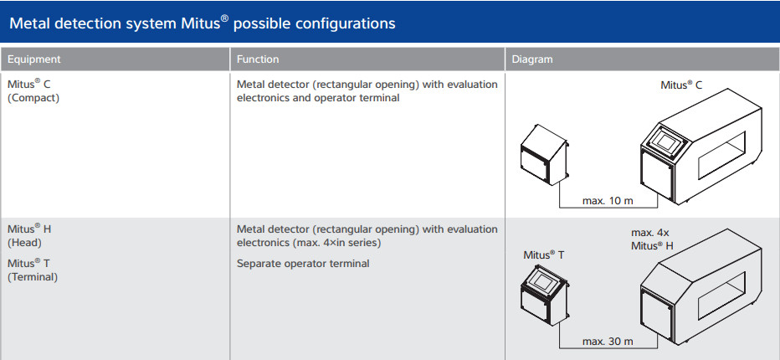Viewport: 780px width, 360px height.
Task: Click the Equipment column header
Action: [x=33, y=59]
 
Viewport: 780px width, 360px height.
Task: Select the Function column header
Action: [x=258, y=59]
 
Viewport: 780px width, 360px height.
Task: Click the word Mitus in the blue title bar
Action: [x=201, y=23]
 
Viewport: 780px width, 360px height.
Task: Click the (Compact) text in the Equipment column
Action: [x=33, y=98]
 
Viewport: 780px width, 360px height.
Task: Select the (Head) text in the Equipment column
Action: [x=24, y=243]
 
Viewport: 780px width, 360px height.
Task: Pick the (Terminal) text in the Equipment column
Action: [x=33, y=277]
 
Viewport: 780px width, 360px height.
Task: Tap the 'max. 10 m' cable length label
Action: [x=608, y=201]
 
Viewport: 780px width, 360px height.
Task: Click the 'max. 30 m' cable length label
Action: [x=608, y=342]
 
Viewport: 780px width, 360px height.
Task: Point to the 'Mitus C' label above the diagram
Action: [x=681, y=85]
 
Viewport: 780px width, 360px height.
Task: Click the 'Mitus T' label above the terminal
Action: [x=544, y=255]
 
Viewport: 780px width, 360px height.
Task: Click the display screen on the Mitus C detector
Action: [x=664, y=140]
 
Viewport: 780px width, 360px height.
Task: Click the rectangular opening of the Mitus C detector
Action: [x=721, y=154]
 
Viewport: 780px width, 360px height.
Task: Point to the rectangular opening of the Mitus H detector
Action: [x=721, y=296]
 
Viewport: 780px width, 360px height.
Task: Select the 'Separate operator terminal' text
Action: [x=303, y=264]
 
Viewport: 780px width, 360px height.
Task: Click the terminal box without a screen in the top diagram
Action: [x=544, y=155]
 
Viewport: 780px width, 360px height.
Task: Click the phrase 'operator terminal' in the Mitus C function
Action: [x=357, y=98]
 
